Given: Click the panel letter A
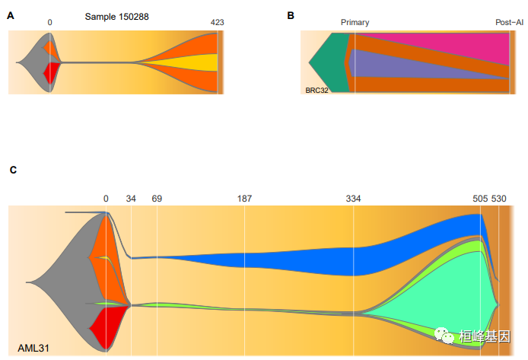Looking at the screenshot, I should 11,14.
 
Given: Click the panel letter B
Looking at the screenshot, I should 290,14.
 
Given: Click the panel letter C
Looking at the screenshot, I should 13,170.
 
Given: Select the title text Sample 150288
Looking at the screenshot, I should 116,15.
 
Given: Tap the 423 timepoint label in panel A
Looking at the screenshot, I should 217,23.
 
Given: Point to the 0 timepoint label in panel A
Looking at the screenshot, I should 49,23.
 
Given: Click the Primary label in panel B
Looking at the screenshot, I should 355,23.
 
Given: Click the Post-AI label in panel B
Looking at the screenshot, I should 509,23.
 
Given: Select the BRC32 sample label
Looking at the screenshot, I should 316,89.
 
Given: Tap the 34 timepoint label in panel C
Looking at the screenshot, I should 131,199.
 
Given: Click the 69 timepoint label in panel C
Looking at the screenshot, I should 157,199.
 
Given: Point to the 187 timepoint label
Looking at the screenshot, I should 244,199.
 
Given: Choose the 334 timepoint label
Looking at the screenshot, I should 353,199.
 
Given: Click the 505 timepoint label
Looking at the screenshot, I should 480,199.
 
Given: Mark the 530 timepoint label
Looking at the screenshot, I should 499,199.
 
